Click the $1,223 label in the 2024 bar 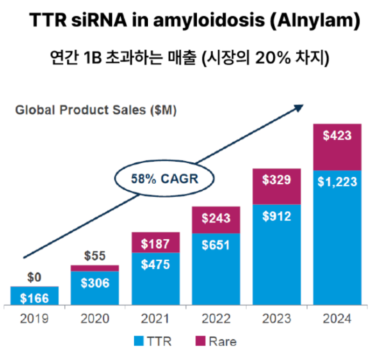(337, 182)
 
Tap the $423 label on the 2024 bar (337, 136)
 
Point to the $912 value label (276, 216)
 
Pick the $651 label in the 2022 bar (216, 245)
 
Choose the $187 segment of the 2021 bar (156, 243)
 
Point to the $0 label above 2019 (34, 278)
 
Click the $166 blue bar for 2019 (34, 297)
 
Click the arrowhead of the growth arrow (298, 107)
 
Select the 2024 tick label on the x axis (337, 319)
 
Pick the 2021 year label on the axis (156, 319)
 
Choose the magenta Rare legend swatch (200, 341)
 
